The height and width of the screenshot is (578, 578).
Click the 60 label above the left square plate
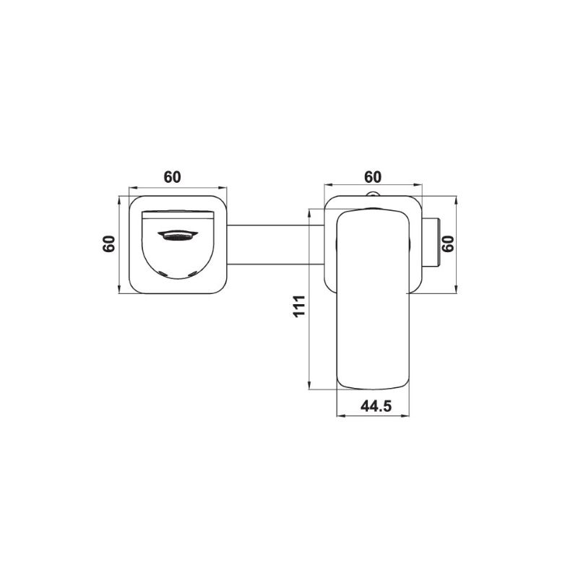173,177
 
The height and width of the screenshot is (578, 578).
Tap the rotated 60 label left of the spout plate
109,243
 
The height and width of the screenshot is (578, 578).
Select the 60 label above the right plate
373,177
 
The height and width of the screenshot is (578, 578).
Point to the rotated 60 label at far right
449,243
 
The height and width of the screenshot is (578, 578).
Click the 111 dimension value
299,306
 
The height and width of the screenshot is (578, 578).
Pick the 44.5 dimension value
376,406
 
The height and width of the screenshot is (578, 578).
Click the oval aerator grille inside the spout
178,236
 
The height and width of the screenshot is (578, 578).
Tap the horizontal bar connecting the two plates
275,245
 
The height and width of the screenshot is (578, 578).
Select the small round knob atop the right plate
373,194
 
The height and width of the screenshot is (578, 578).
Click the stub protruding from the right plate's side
431,243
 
